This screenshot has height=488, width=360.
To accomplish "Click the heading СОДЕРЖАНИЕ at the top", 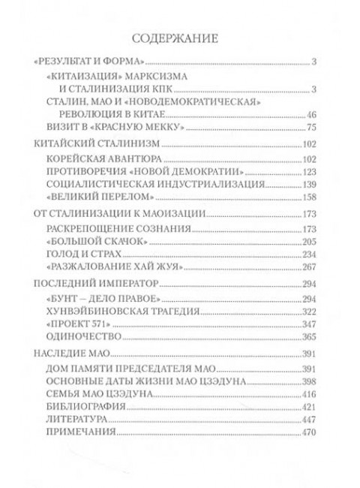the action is click(179, 37).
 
